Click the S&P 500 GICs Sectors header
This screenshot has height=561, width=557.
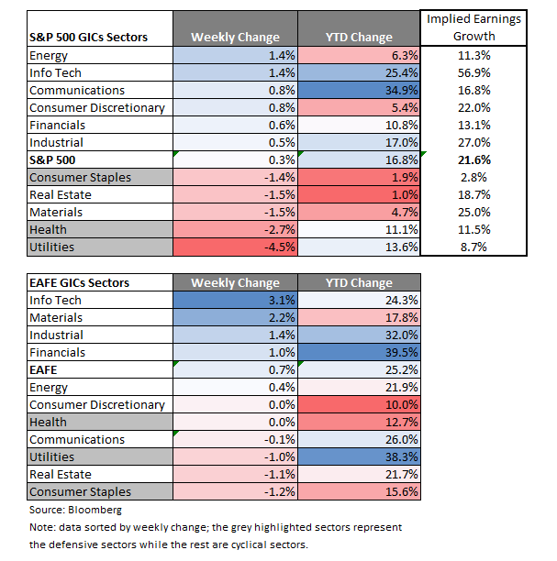coord(89,38)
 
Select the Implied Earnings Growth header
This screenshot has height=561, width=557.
coord(473,28)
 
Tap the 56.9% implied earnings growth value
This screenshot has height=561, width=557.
coord(473,72)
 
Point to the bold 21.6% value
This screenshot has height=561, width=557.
coord(473,159)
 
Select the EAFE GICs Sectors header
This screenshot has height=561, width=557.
coord(80,282)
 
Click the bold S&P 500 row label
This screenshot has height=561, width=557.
coord(52,159)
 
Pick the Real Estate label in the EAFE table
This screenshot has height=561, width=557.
coord(61,474)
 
